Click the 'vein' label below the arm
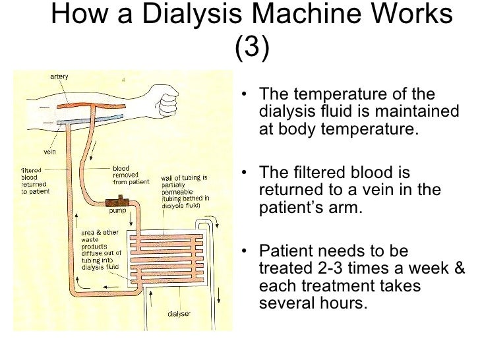(50, 150)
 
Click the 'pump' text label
(117, 212)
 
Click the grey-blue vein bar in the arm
(86, 122)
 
